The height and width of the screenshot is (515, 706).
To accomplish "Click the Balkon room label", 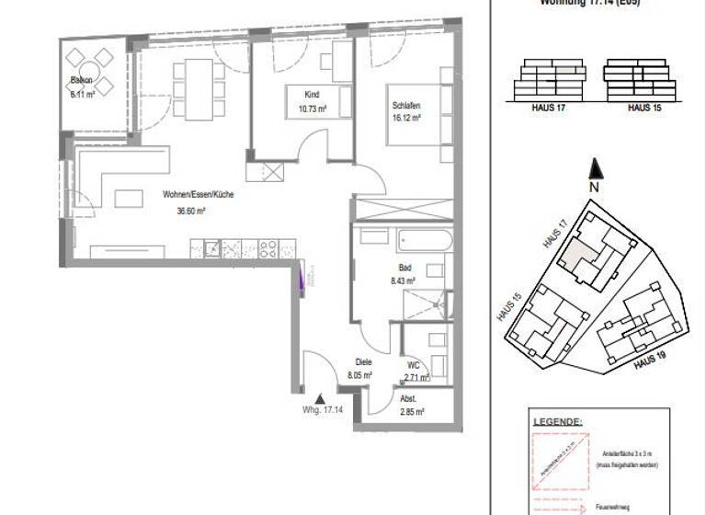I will [83, 80].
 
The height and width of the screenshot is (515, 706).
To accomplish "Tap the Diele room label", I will [362, 362].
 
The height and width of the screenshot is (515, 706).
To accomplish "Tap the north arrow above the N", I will [596, 168].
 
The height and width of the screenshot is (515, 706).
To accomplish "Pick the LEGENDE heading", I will [557, 422].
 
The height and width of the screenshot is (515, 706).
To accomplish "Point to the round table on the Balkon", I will [90, 74].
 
